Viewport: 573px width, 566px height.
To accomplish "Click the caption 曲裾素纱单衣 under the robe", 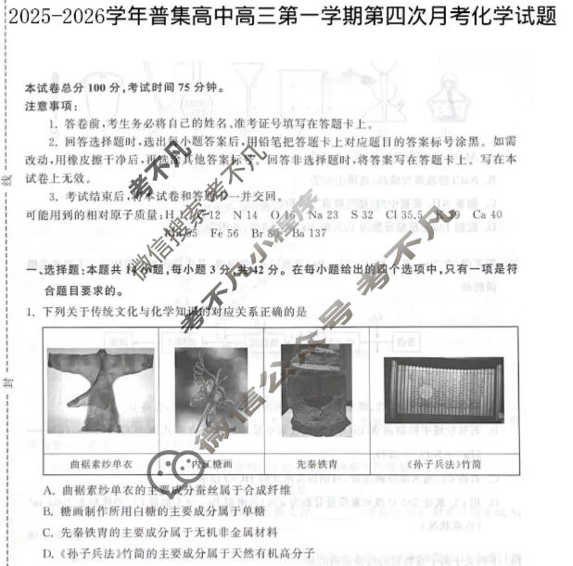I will pos(102,462).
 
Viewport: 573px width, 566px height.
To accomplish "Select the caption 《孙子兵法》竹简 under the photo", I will pos(443,462).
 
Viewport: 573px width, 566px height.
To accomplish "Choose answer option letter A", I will pos(48,489).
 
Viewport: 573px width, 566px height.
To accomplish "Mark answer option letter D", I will pos(48,554).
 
